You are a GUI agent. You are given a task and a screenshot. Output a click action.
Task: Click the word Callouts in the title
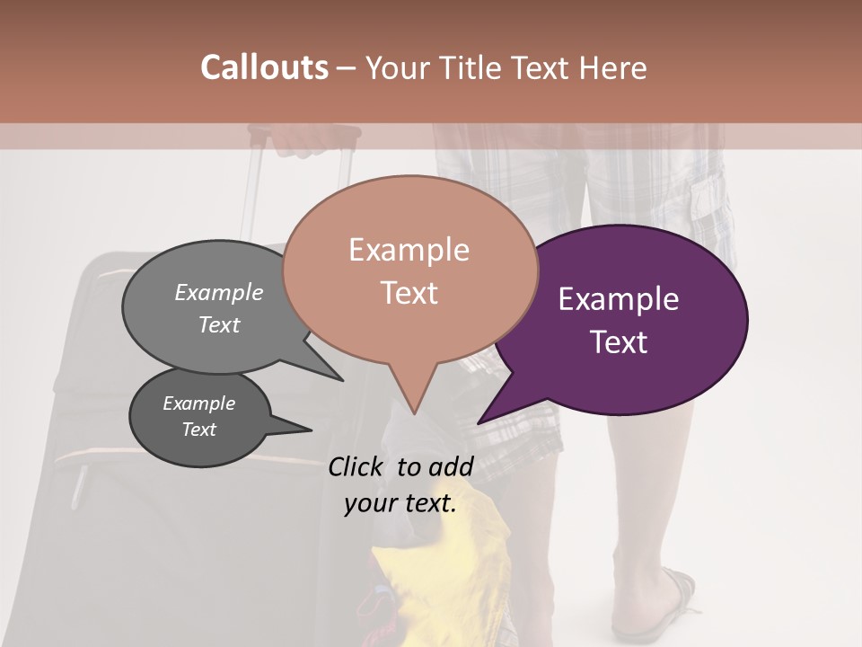click(x=264, y=67)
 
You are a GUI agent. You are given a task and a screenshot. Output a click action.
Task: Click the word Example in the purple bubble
click(x=619, y=299)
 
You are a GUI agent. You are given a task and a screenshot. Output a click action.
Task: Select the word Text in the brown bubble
click(x=409, y=293)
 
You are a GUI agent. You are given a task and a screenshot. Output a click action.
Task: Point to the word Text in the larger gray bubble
click(x=219, y=325)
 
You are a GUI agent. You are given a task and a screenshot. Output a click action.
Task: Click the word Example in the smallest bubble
click(x=198, y=403)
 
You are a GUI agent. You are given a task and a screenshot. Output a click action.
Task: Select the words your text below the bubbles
click(x=400, y=503)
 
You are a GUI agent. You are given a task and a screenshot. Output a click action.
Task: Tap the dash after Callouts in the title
click(x=347, y=68)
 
